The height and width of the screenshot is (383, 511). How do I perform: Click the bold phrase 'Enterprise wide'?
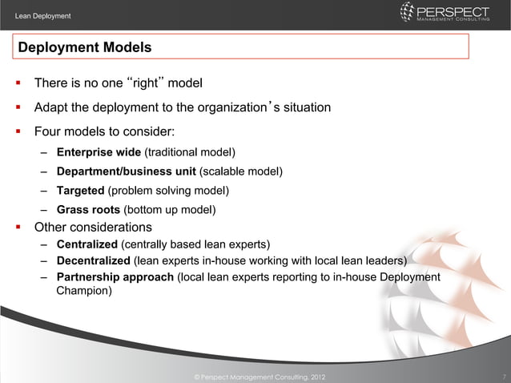(x=99, y=152)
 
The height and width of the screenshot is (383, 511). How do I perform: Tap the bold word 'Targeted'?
(x=80, y=191)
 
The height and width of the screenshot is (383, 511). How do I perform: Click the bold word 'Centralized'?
(x=87, y=244)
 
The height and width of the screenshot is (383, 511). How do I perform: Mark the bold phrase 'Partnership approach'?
(x=115, y=277)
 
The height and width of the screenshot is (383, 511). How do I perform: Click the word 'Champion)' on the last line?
(x=84, y=292)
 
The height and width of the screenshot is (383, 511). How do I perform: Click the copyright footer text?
(x=255, y=376)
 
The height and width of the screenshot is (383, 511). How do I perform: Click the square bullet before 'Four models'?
(x=17, y=131)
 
